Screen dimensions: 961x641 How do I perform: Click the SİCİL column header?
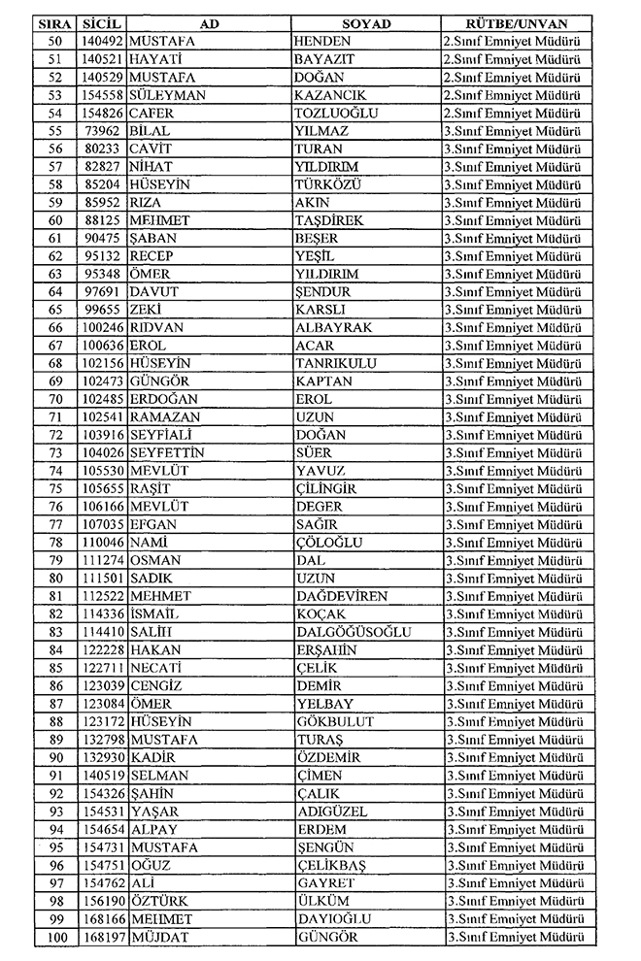pos(101,22)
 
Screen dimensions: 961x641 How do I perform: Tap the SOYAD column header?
pos(366,22)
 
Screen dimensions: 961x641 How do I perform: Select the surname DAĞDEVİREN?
pos(341,596)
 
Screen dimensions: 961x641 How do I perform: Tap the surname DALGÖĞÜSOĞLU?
pos(353,632)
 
